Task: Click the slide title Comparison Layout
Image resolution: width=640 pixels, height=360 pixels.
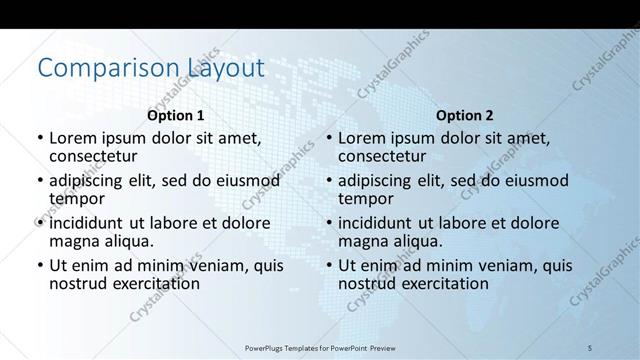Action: click(151, 68)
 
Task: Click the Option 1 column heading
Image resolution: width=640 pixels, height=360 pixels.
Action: click(175, 116)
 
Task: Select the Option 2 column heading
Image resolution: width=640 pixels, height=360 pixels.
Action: click(464, 116)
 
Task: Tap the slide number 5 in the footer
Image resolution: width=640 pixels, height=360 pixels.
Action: click(590, 347)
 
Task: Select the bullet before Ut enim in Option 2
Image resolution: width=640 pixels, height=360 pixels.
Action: click(328, 266)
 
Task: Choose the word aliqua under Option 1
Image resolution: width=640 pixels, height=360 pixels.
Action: click(127, 241)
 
